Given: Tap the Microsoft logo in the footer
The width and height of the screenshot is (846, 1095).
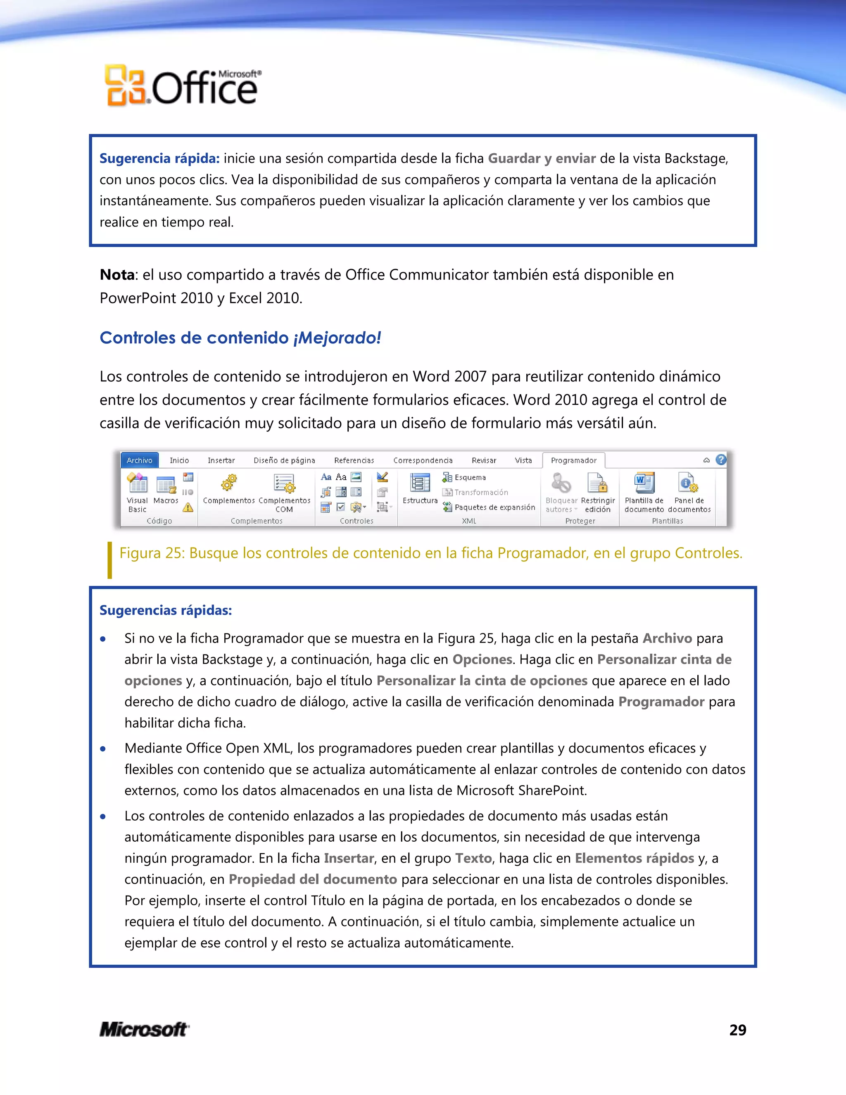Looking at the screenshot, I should coord(144,1029).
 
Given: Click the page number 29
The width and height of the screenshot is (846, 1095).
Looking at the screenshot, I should coord(737,1030).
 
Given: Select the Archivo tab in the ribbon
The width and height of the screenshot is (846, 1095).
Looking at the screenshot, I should coord(139,460).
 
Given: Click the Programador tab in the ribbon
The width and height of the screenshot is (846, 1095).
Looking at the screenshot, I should coord(573,460).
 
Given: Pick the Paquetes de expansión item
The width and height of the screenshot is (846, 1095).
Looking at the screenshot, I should coord(494,507).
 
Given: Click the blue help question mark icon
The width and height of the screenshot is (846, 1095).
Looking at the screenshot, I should coord(721,460).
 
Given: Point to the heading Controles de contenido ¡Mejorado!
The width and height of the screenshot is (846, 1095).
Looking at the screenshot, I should coord(240,338).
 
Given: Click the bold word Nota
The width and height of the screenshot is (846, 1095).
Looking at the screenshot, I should coord(117,275).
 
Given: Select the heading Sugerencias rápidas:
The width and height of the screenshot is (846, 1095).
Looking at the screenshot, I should coord(165,610).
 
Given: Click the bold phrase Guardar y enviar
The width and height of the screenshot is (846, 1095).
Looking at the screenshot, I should coord(541,158).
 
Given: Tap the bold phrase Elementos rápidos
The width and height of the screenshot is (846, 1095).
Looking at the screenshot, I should coord(634,858).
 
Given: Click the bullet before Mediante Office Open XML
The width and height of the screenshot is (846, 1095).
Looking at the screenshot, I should coord(103,749).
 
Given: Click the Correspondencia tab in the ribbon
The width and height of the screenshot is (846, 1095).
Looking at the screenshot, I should coord(423,460).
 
